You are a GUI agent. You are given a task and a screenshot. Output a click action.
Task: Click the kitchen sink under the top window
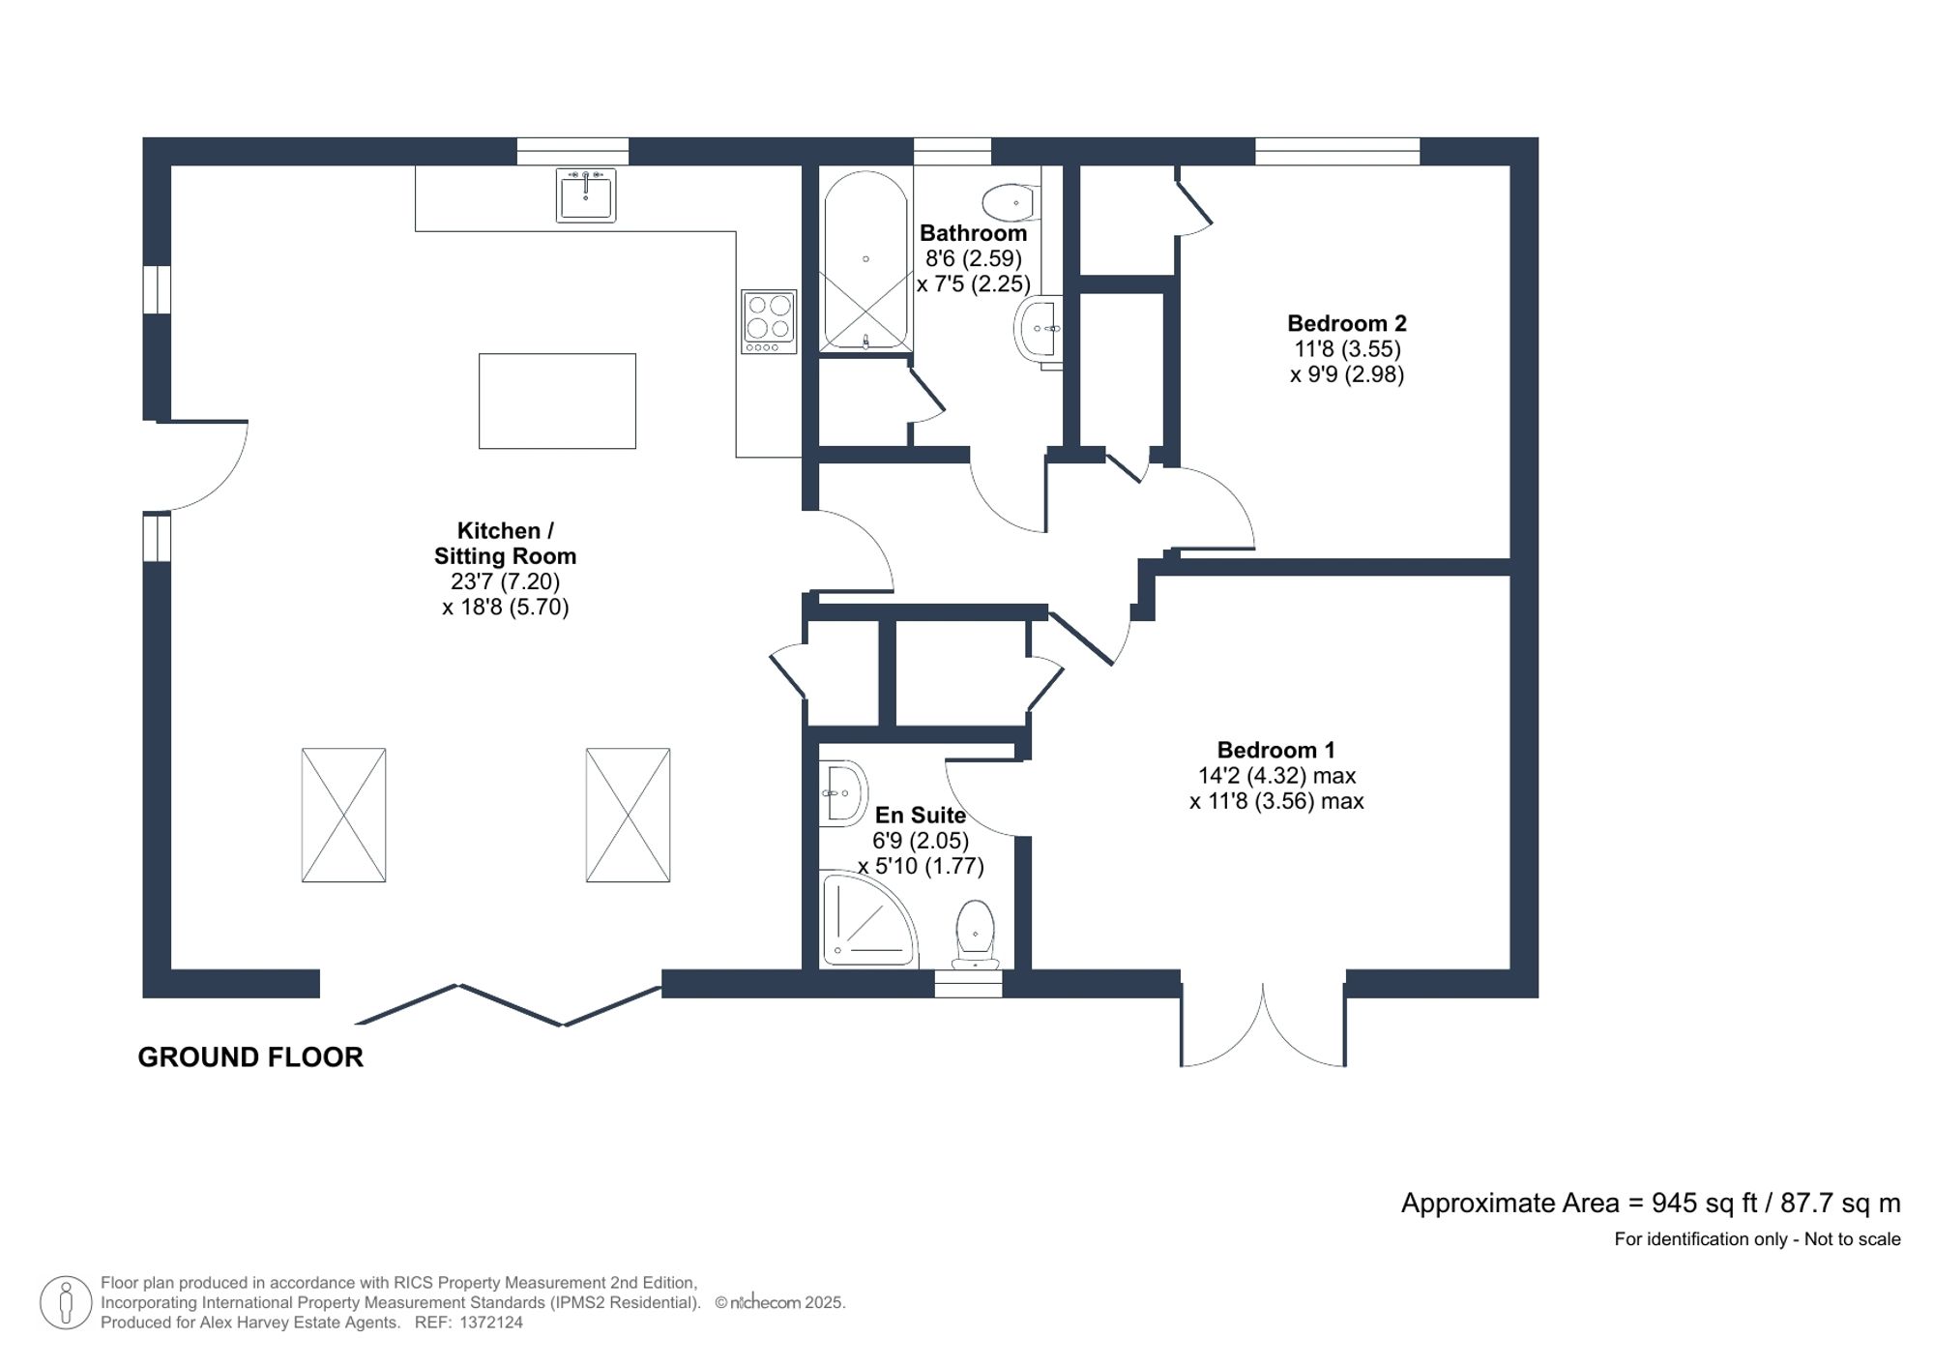point(585,195)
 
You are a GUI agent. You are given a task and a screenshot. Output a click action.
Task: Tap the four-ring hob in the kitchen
point(769,321)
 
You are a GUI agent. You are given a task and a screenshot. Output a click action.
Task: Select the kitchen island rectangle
point(557,401)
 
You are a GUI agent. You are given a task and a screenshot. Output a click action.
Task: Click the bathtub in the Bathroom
point(864,261)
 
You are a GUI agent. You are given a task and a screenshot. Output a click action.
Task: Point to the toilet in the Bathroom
point(1009,203)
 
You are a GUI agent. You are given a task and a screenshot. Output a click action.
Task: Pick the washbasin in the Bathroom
point(1039,330)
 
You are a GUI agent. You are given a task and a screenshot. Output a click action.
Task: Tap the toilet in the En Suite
point(975,933)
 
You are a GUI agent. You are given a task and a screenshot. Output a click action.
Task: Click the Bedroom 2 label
point(1346,324)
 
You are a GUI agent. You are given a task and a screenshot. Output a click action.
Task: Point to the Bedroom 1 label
point(1275,750)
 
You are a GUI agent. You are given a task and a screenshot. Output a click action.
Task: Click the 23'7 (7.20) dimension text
point(505,581)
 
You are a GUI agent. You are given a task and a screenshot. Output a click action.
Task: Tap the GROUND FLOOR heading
point(250,1057)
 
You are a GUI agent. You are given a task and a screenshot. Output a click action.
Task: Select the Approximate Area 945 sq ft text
point(1650,1204)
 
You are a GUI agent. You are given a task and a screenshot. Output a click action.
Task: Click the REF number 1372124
point(491,1323)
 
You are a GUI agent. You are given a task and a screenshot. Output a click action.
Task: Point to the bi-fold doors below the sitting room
point(510,1004)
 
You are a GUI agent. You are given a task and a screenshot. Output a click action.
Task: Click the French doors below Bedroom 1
point(1263,1026)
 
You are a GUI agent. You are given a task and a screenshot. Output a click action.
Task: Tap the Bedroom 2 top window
point(1336,152)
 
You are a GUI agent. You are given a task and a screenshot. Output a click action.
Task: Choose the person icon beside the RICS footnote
point(66,1302)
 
